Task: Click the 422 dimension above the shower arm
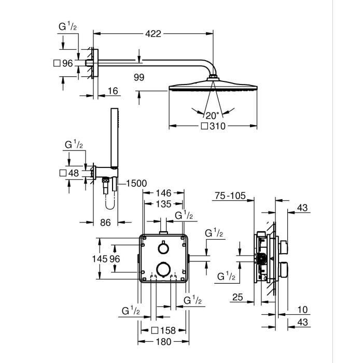153,34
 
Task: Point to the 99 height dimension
138,77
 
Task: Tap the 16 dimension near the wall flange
113,91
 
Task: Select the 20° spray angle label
213,115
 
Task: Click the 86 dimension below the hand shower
105,222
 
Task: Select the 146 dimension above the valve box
164,193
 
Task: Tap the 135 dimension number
164,203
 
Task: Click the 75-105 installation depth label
229,196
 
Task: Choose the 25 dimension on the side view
238,297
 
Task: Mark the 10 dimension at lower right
303,310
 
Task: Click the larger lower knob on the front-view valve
164,268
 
